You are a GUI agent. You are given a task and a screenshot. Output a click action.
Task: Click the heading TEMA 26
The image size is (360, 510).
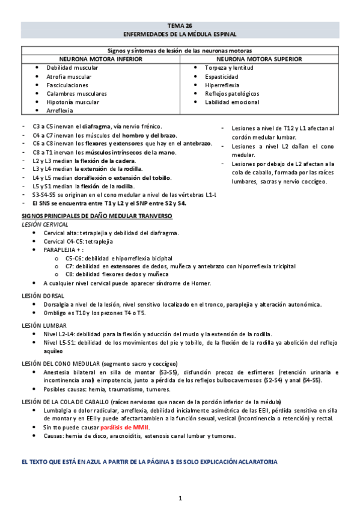coord(180,25)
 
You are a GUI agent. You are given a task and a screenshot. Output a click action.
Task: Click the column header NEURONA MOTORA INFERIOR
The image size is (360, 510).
coord(100,60)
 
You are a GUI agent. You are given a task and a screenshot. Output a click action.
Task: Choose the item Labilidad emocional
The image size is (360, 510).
coord(233,102)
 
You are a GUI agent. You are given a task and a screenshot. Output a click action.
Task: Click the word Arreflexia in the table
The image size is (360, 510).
coord(60,111)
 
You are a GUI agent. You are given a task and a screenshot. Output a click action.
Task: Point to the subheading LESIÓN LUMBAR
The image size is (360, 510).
coord(44,325)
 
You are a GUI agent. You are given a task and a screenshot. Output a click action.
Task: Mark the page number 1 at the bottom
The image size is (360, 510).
coord(180,498)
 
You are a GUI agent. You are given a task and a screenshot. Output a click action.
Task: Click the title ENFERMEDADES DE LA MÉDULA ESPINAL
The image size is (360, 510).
coord(180,34)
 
